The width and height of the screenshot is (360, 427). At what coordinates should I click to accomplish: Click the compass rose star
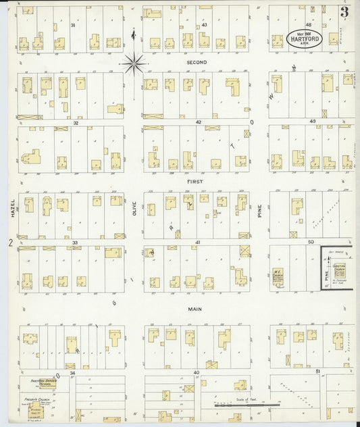point(134,64)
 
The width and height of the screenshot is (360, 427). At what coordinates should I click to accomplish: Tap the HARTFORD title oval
point(309,37)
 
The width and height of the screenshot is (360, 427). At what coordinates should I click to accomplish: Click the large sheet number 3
point(344,12)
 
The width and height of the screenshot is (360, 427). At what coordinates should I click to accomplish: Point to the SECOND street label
point(197,62)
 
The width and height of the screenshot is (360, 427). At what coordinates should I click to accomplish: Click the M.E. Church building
point(278,276)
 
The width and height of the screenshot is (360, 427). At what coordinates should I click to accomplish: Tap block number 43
point(203,25)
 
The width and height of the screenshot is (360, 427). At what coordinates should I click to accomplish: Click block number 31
point(72,24)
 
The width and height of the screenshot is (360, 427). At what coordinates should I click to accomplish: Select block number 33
point(76,242)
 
